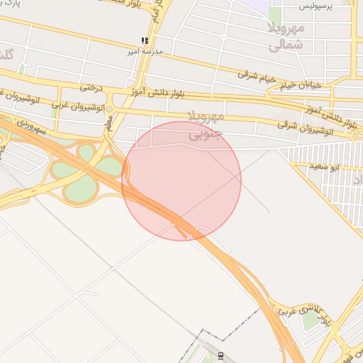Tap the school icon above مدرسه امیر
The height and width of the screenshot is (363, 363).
(145, 41)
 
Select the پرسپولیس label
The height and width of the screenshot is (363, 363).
(315, 6)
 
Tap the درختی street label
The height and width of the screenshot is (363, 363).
(91, 87)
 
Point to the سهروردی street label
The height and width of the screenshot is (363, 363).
(30, 127)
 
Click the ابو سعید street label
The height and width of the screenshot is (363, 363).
(323, 165)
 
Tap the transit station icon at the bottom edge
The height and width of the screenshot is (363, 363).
(220, 355)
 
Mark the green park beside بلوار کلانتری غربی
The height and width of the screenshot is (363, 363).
(310, 320)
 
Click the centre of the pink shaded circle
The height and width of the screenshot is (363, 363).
(181, 181)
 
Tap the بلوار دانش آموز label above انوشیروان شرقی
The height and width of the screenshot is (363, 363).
(320, 108)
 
